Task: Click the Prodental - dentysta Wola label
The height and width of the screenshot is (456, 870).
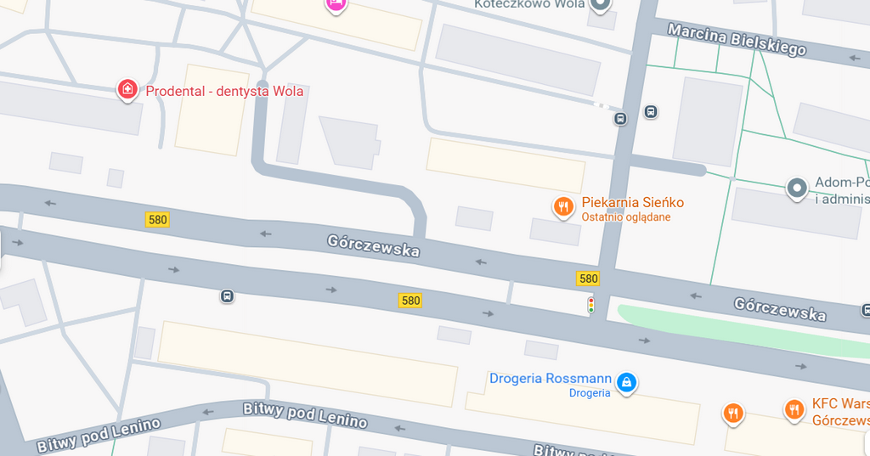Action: (x=224, y=92)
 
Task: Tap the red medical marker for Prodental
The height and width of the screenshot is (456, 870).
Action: (x=127, y=88)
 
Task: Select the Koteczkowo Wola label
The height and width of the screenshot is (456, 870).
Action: (x=529, y=4)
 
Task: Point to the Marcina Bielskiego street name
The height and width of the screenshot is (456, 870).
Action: (x=737, y=39)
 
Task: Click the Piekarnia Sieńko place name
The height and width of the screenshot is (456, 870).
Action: (x=632, y=203)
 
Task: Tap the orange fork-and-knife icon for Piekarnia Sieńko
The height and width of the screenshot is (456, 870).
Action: (x=562, y=206)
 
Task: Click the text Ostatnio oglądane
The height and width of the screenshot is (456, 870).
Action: (x=626, y=217)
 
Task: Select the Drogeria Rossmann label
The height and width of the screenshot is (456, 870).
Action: (x=550, y=379)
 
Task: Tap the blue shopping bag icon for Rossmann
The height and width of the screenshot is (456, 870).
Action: (x=626, y=383)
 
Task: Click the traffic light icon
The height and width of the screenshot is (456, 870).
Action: (x=591, y=305)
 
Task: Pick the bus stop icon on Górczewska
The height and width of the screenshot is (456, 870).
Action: (x=227, y=296)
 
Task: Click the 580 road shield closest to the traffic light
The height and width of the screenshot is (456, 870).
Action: (x=588, y=279)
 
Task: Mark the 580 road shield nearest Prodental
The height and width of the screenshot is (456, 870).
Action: (x=157, y=220)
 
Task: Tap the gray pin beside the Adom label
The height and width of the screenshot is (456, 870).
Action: (x=796, y=188)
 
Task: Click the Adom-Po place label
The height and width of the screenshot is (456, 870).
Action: (x=842, y=183)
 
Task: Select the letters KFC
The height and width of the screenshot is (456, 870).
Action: (x=825, y=405)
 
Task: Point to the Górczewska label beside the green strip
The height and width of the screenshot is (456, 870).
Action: (x=780, y=308)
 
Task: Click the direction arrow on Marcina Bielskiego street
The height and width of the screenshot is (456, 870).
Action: (x=855, y=58)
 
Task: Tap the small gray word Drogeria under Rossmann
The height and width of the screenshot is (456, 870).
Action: (x=590, y=393)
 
